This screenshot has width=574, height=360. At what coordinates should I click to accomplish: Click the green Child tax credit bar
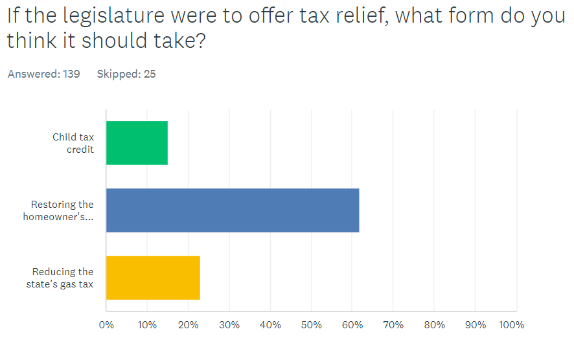click(137, 143)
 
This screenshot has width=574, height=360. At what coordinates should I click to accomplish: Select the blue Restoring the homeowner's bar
click(232, 210)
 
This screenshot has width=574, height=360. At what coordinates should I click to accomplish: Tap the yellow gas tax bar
click(153, 278)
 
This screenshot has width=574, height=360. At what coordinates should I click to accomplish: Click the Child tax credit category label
click(73, 143)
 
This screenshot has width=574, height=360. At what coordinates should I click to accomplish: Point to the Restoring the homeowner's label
click(59, 210)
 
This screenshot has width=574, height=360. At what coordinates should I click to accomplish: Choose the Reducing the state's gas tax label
click(63, 278)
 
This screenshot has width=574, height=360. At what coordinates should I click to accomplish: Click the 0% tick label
click(106, 325)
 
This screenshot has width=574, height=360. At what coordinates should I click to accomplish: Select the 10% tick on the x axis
click(147, 325)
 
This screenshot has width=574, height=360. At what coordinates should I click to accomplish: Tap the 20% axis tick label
click(188, 325)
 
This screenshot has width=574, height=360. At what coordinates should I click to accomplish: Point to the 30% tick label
click(229, 325)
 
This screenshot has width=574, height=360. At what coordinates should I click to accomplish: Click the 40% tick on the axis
click(270, 325)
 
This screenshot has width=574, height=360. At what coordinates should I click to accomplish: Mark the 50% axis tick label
click(312, 325)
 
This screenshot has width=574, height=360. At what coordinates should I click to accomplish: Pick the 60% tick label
click(352, 325)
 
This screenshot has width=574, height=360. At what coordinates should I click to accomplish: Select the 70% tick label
click(393, 325)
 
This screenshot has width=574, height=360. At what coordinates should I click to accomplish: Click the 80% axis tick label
click(435, 325)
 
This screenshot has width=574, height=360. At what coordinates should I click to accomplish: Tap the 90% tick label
click(476, 325)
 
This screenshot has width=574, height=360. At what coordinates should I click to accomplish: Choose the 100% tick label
click(512, 325)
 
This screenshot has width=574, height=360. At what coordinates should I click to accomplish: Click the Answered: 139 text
click(44, 74)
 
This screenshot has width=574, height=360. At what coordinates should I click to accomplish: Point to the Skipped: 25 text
click(126, 74)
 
